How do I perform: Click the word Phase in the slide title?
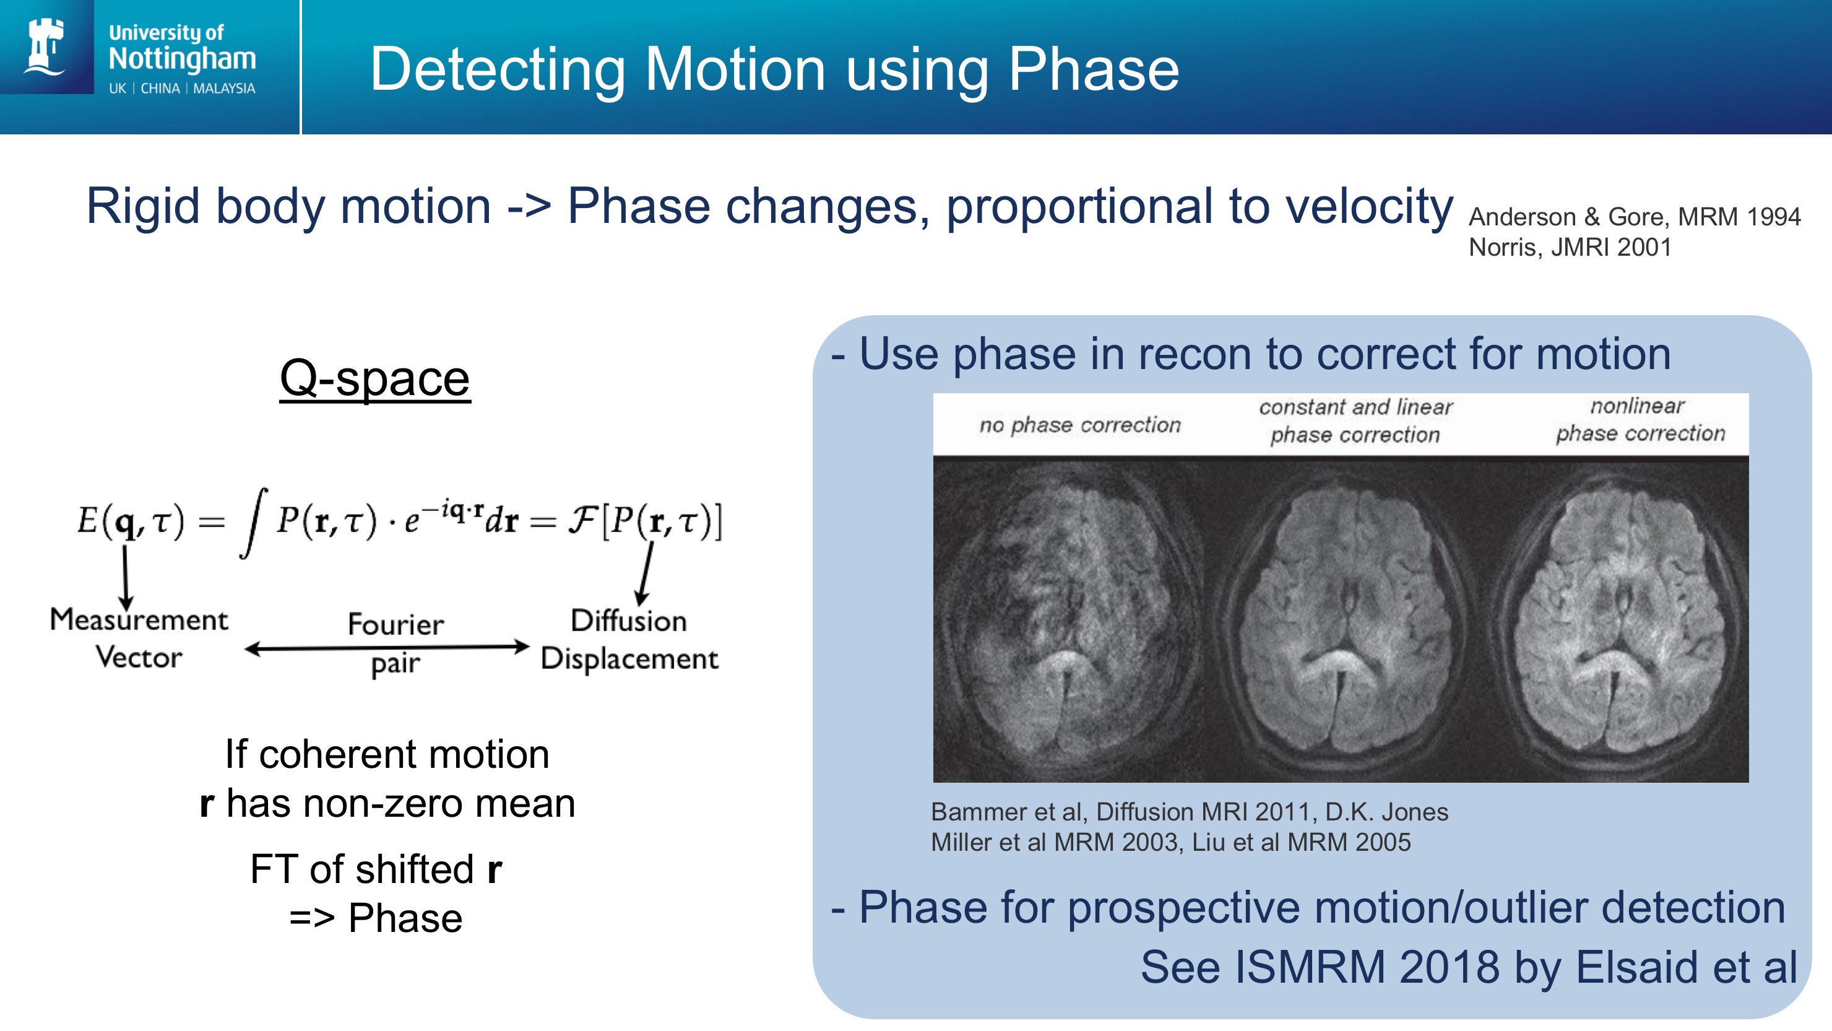coord(1094,69)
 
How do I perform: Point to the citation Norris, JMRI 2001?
coord(1570,247)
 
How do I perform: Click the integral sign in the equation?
coord(253,523)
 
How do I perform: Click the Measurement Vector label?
coord(139,638)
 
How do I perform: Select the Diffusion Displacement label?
coord(629,639)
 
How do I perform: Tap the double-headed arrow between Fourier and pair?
coord(387,648)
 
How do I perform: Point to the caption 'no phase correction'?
coord(1079,425)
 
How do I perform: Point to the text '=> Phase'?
coord(376,918)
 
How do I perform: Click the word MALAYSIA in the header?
coord(224,88)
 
